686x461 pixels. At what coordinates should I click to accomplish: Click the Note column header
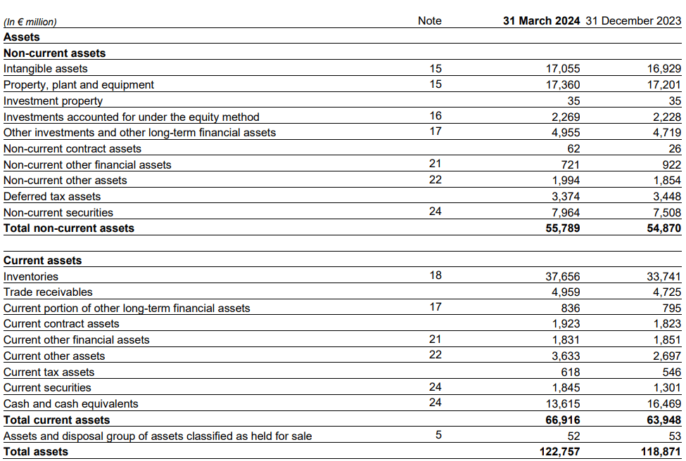click(x=429, y=21)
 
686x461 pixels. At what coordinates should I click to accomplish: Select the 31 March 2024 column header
click(x=541, y=21)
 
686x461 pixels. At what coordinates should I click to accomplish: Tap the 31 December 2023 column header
click(x=633, y=21)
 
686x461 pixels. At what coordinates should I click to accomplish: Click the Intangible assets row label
click(x=46, y=69)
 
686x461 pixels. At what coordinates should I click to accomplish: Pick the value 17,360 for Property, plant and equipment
click(x=563, y=85)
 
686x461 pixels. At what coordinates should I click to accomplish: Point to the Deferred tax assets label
click(x=52, y=197)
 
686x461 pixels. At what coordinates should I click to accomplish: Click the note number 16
click(x=436, y=117)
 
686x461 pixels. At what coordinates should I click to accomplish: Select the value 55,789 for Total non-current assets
click(x=562, y=228)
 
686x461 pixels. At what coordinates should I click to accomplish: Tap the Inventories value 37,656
click(x=563, y=277)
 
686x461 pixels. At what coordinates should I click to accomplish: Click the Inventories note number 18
click(x=436, y=275)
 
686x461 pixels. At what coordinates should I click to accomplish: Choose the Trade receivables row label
click(x=48, y=292)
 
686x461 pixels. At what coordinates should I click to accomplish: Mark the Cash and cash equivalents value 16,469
click(x=663, y=404)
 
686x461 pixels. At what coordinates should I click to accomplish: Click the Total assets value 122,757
click(x=559, y=452)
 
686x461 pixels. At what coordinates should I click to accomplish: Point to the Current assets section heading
click(x=43, y=261)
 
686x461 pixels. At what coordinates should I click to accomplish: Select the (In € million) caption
click(x=30, y=22)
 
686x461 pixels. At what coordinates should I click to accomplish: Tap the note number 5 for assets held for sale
click(x=438, y=435)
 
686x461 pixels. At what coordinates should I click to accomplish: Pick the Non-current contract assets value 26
click(x=674, y=149)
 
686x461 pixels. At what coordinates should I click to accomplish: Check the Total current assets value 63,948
click(x=663, y=420)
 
